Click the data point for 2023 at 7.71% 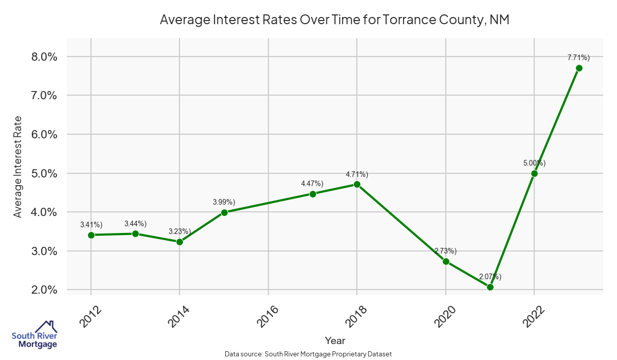pyautogui.click(x=579, y=68)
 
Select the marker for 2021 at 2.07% pyautogui.click(x=490, y=287)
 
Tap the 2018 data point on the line pyautogui.click(x=357, y=185)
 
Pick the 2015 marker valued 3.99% pyautogui.click(x=224, y=212)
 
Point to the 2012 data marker pyautogui.click(x=91, y=235)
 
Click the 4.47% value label pyautogui.click(x=312, y=184)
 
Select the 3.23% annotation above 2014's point pyautogui.click(x=179, y=231)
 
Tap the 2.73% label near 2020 pyautogui.click(x=445, y=251)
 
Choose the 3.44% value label pyautogui.click(x=135, y=224)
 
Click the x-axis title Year pyautogui.click(x=335, y=340)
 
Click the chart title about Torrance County pyautogui.click(x=334, y=20)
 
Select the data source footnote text pyautogui.click(x=308, y=354)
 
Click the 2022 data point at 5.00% pyautogui.click(x=534, y=173)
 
